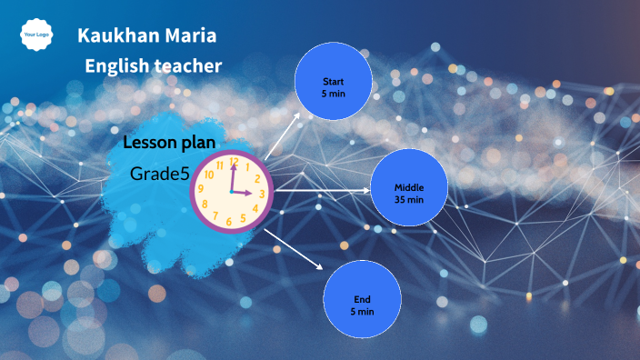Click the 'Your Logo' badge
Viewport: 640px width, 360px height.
35,35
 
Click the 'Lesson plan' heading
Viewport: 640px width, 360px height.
170,142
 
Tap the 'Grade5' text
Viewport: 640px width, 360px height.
159,173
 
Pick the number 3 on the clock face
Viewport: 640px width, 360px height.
262,193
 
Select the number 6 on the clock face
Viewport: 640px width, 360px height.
230,222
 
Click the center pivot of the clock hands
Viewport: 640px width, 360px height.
233,192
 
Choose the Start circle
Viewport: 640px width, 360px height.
334,87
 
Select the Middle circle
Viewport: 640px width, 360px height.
408,188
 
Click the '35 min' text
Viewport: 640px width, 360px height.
408,199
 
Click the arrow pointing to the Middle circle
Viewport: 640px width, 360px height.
322,190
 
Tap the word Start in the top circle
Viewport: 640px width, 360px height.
334,82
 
